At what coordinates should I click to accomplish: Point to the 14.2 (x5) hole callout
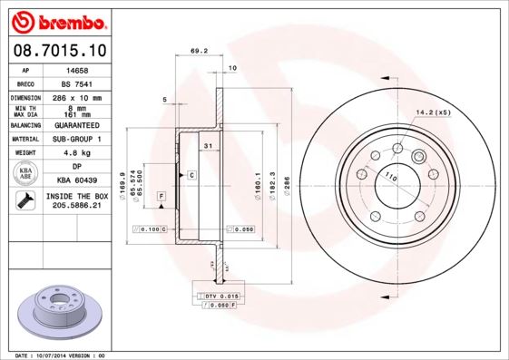433,112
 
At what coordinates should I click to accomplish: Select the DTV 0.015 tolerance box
220,296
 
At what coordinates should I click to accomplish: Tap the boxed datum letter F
161,196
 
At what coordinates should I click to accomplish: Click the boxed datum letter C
192,173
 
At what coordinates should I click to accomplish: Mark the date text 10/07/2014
57,355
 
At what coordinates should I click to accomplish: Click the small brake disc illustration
62,312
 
